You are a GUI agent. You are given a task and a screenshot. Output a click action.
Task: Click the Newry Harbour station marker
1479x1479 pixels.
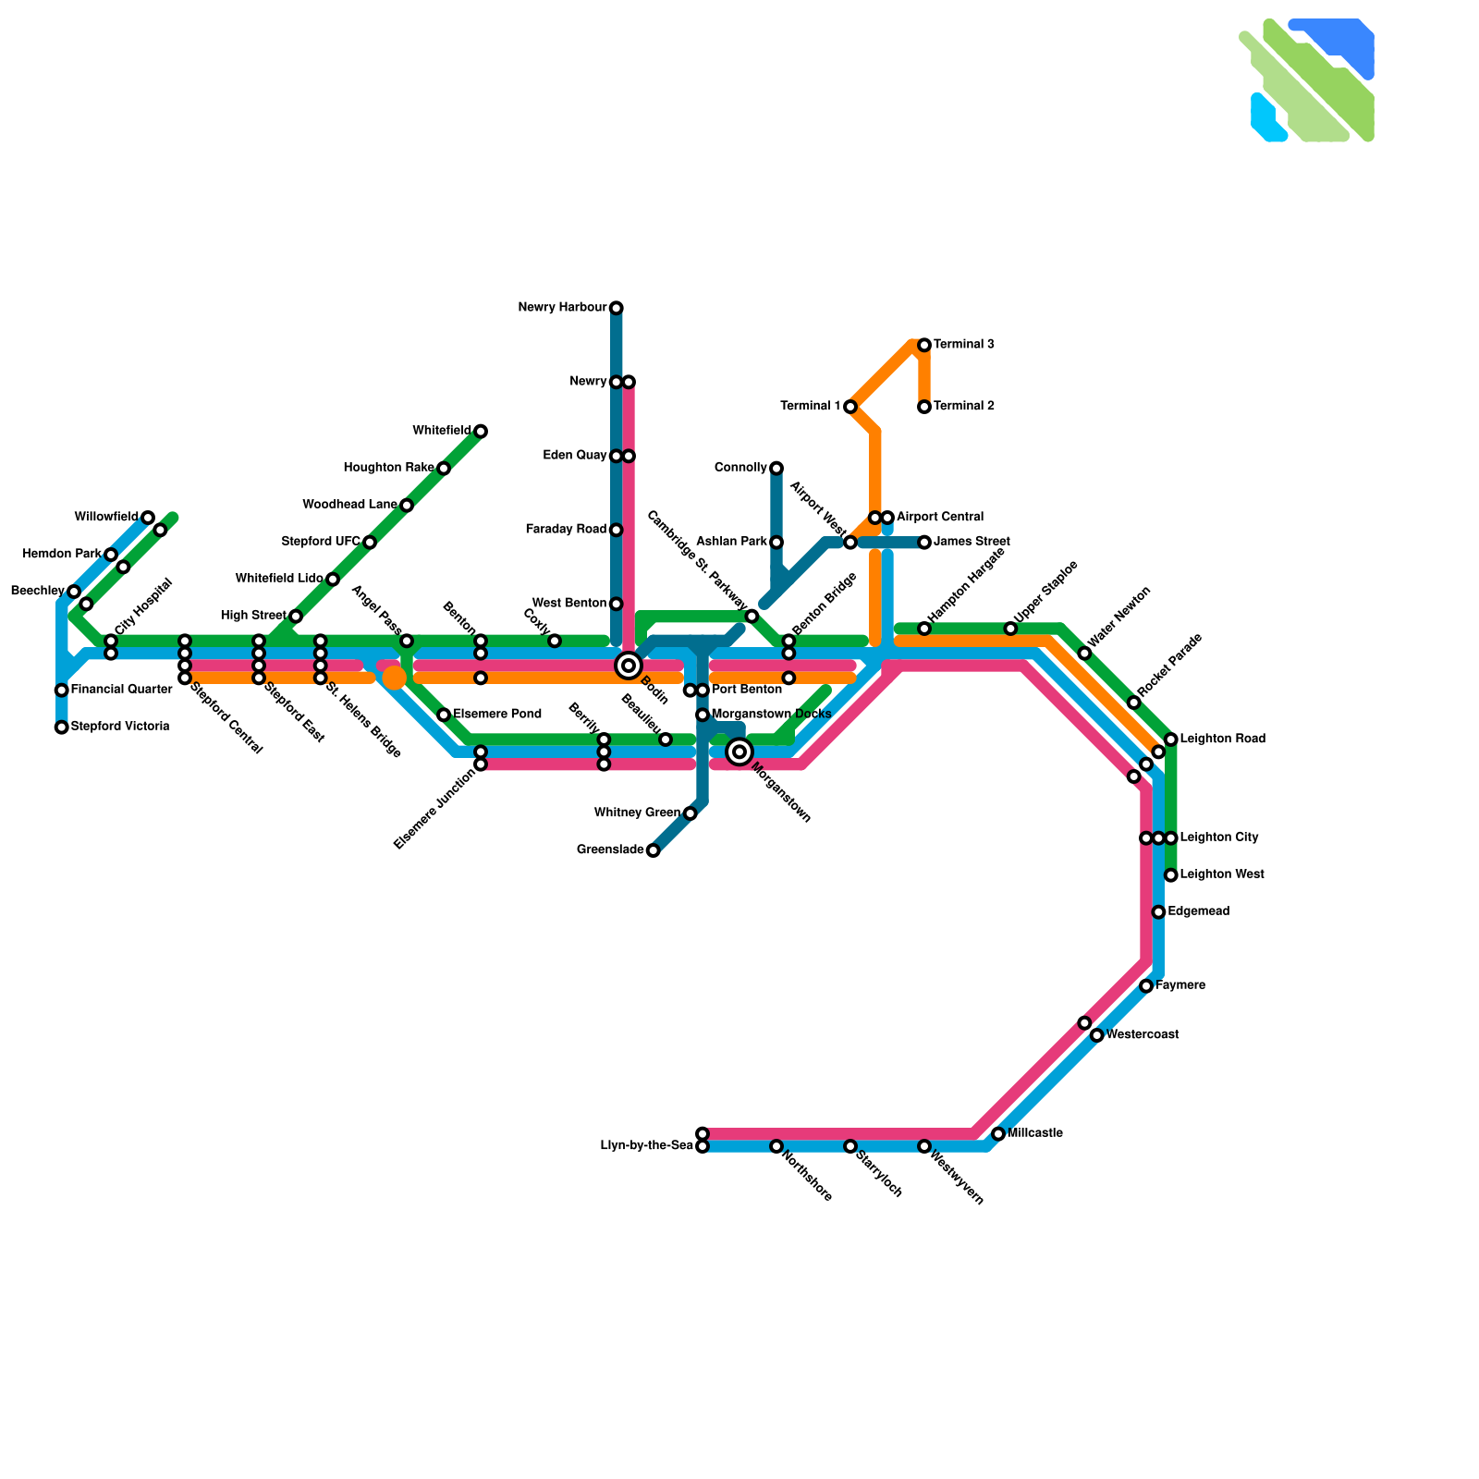[616, 308]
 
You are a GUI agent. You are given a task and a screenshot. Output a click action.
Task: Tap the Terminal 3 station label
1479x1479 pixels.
[963, 345]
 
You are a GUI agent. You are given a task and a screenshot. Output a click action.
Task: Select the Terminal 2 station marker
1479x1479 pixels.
[923, 407]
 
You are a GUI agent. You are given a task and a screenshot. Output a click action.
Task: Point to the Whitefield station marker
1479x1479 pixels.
[481, 432]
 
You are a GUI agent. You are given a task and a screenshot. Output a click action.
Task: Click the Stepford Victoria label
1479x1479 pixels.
[119, 727]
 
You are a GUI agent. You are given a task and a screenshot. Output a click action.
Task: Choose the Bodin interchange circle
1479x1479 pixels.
[629, 665]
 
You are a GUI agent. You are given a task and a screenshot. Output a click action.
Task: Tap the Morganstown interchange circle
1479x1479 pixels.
[739, 752]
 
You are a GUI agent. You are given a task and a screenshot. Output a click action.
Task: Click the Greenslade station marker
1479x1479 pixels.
[653, 850]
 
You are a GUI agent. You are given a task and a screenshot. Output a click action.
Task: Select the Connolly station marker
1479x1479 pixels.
[776, 469]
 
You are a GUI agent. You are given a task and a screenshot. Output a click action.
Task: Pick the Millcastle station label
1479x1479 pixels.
[1034, 1133]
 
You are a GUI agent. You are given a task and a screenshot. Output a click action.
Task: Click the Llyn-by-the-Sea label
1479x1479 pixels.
[646, 1146]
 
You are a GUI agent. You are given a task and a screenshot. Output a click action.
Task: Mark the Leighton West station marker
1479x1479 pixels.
[1170, 875]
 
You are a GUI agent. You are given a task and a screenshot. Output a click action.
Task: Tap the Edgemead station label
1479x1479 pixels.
[1198, 911]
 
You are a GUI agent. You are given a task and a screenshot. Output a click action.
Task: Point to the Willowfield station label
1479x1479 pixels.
[106, 517]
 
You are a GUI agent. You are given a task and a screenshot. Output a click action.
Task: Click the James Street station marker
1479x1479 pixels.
[923, 543]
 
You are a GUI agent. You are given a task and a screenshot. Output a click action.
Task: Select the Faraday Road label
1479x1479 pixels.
[566, 530]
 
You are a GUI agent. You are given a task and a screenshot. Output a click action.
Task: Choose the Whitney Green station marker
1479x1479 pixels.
[690, 813]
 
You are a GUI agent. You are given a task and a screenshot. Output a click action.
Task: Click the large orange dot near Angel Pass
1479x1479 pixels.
[395, 678]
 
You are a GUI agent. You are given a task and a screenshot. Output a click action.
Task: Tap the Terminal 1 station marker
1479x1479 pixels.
[850, 407]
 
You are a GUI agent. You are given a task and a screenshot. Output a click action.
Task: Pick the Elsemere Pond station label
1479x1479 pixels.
[496, 715]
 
